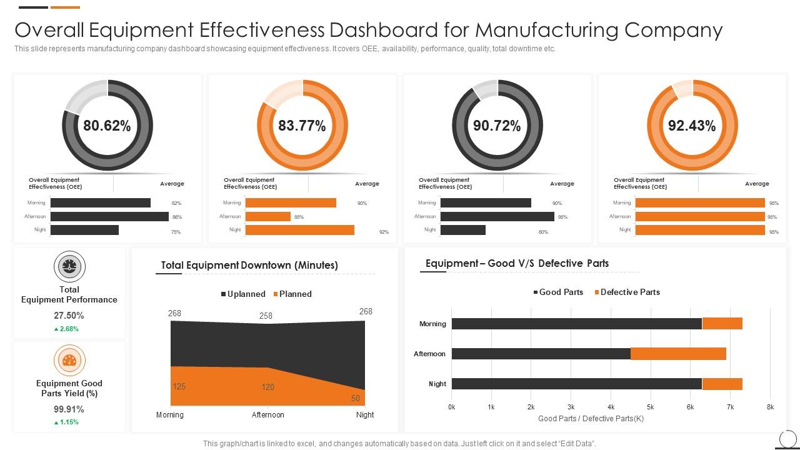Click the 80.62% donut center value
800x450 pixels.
point(107,126)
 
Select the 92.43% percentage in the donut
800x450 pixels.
point(692,126)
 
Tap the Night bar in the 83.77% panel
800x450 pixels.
point(299,230)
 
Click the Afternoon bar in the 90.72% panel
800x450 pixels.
point(497,216)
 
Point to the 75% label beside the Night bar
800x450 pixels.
point(176,232)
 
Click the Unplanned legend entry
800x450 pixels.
point(242,294)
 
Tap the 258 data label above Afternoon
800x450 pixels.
point(266,316)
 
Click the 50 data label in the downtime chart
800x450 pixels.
point(356,398)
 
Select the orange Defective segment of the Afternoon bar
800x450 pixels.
point(678,354)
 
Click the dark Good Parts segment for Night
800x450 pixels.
point(576,384)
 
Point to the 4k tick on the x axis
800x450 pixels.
point(611,407)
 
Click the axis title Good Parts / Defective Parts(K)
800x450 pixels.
point(591,418)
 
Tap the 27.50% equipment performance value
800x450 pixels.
point(69,316)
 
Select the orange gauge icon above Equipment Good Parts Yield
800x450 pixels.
point(69,360)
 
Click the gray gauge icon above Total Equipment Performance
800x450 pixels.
point(69,266)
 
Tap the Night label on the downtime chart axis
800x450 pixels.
point(364,414)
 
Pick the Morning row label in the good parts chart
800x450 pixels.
point(432,324)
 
